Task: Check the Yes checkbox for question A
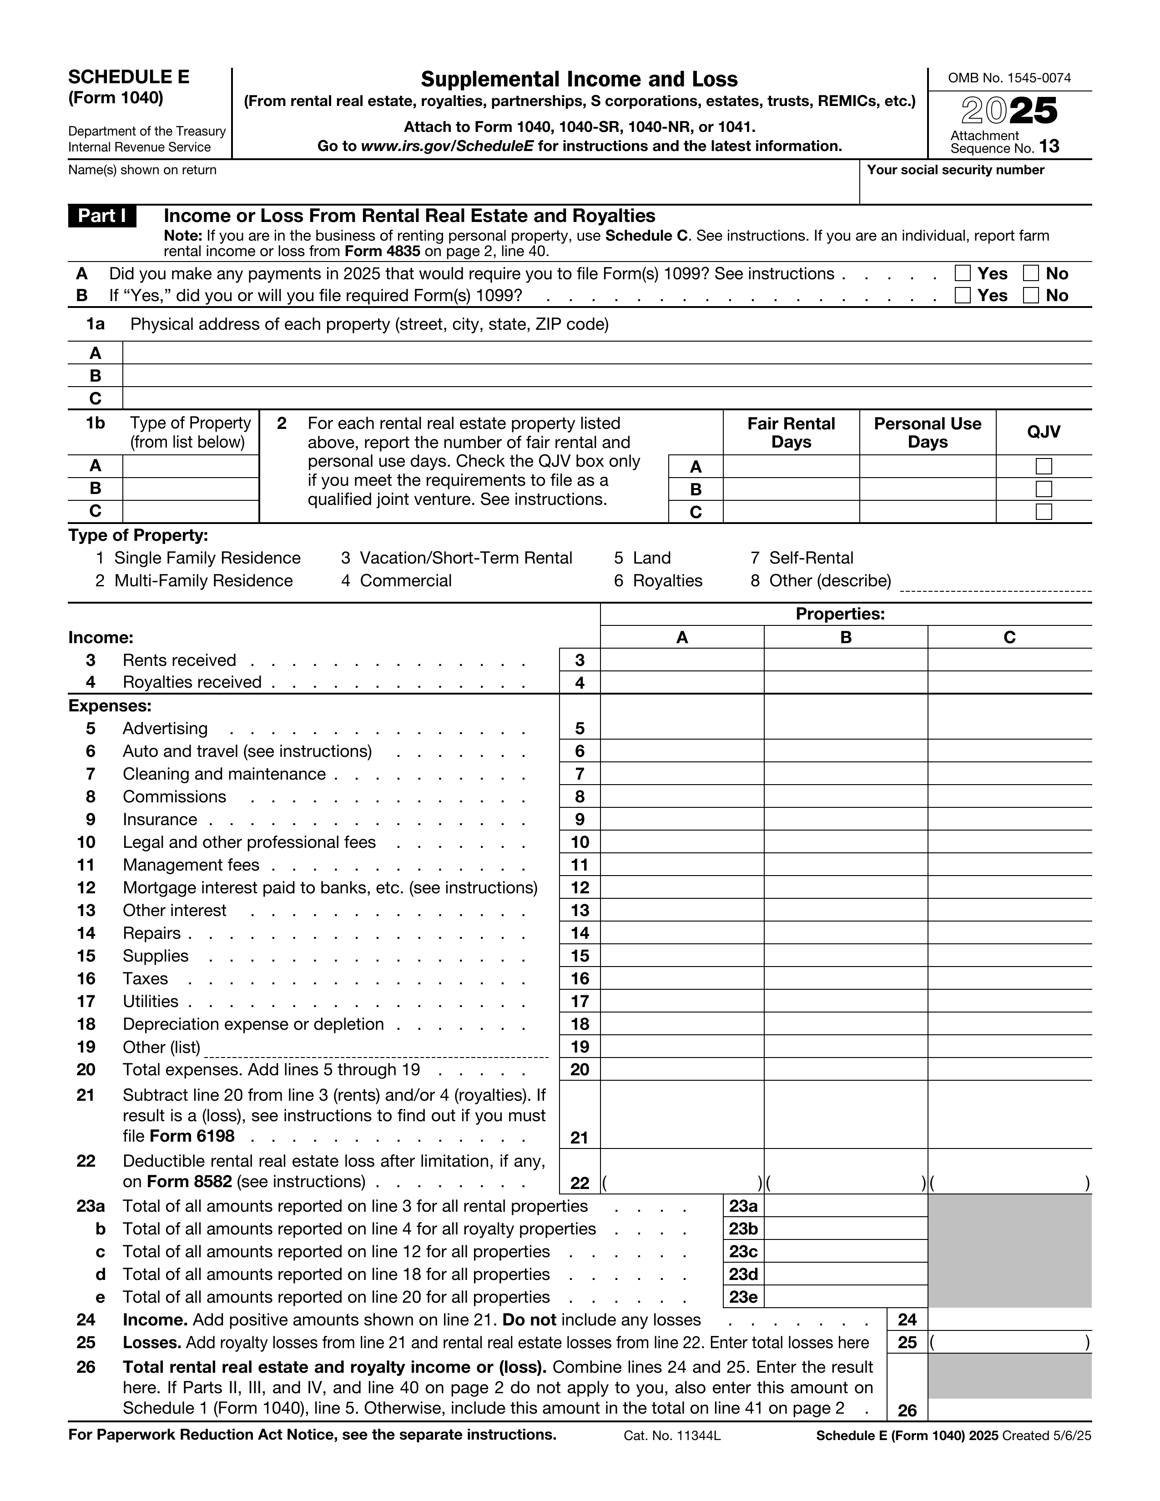pos(963,273)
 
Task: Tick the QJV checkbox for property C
pos(1043,512)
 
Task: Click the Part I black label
pos(102,216)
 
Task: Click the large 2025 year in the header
pos(1009,111)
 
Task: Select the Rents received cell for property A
pos(682,660)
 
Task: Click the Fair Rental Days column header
pos(791,432)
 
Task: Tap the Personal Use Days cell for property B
pos(927,489)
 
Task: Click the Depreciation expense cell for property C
pos(1009,1024)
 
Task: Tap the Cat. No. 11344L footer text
pos(672,1435)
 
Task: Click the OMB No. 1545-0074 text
pos(1009,78)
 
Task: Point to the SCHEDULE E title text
pos(128,77)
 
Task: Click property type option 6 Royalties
pos(658,581)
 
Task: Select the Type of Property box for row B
pos(190,489)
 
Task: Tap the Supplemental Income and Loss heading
pos(579,79)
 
